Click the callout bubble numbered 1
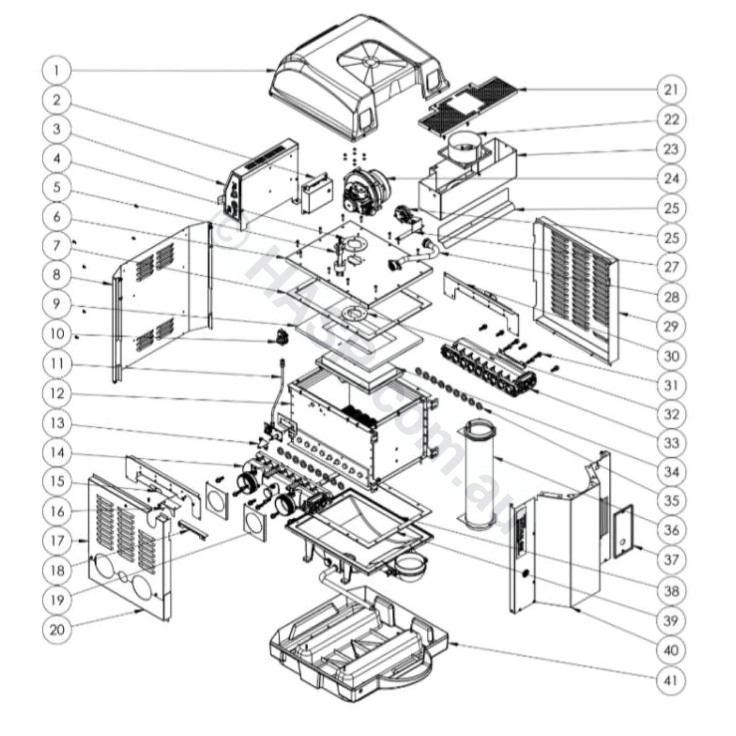(56, 70)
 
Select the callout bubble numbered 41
(671, 680)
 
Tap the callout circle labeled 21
(671, 90)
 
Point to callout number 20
(56, 629)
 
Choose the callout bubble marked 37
(671, 558)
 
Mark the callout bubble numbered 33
(671, 443)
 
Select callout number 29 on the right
(671, 326)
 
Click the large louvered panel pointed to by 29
(576, 285)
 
